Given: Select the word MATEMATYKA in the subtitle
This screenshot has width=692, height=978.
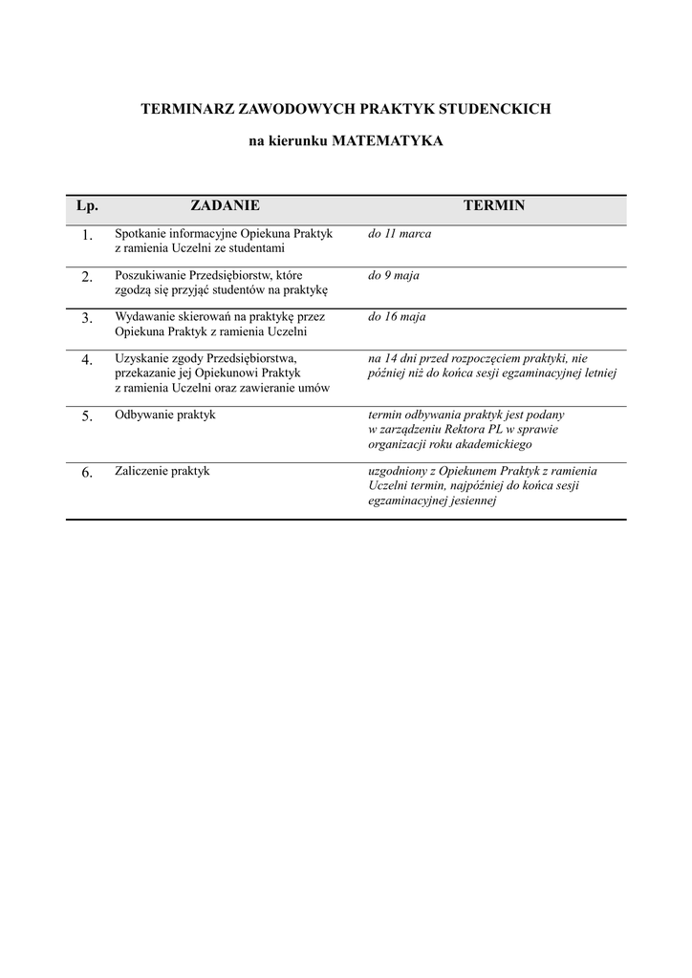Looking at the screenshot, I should (x=387, y=140).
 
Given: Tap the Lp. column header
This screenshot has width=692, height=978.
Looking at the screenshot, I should (x=87, y=206).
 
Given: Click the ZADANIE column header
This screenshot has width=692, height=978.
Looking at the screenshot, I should (x=225, y=205).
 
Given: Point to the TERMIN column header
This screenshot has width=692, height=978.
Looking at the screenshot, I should (x=493, y=205).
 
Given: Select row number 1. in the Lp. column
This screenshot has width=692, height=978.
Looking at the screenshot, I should (x=87, y=235).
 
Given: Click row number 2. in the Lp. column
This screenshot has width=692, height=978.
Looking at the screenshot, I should (x=87, y=277).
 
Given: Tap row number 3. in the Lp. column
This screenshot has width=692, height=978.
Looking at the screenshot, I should (x=87, y=318).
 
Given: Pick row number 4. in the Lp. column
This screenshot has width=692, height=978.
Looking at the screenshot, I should (x=87, y=360).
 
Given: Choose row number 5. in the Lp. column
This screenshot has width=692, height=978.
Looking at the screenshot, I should (x=87, y=415).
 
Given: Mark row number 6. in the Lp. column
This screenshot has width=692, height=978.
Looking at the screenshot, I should (x=87, y=472).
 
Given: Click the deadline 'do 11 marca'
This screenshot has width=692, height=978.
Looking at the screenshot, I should (x=400, y=234).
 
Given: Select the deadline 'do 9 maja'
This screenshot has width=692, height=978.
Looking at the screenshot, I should (x=394, y=275).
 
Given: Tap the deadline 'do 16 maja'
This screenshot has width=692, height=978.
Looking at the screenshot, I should (x=397, y=317).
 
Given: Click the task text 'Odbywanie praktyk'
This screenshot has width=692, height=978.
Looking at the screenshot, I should (x=165, y=415).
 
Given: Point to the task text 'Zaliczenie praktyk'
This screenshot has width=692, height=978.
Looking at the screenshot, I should (x=162, y=471).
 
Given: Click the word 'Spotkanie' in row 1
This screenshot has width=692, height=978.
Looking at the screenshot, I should (x=140, y=234).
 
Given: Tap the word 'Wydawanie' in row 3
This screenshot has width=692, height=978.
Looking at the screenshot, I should (x=142, y=317).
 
